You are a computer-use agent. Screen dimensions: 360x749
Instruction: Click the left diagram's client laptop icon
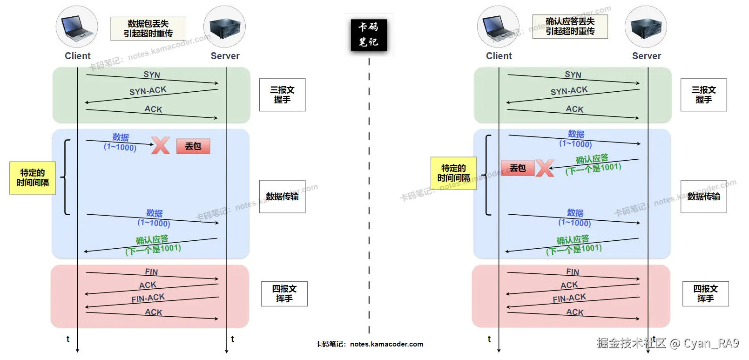click(x=77, y=27)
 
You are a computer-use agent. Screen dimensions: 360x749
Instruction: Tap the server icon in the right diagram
click(x=646, y=27)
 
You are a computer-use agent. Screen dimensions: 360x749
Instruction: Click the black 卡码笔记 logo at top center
click(x=369, y=35)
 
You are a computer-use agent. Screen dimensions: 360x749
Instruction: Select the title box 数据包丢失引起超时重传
click(x=148, y=29)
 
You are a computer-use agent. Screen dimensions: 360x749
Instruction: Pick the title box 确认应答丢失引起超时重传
click(x=570, y=27)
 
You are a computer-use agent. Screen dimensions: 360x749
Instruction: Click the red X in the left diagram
click(x=161, y=145)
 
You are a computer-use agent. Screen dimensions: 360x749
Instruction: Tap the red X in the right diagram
click(x=545, y=168)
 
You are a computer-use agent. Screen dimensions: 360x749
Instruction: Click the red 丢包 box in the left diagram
click(x=193, y=146)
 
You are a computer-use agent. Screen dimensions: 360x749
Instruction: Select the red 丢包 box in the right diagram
click(x=518, y=168)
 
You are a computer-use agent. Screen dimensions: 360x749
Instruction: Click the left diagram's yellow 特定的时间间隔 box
click(x=33, y=178)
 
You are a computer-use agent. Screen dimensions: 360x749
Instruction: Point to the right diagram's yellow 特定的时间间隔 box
click(x=453, y=173)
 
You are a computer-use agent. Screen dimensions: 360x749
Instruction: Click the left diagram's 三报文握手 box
click(x=282, y=95)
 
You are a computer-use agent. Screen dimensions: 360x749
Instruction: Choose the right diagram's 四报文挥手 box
click(x=705, y=294)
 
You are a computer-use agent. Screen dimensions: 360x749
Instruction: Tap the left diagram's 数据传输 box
click(x=282, y=197)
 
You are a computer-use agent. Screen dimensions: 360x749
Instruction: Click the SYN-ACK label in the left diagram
click(x=148, y=91)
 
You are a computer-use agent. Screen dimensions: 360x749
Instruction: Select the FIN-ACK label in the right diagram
click(x=569, y=298)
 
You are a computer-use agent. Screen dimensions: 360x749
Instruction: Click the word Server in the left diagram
click(x=225, y=56)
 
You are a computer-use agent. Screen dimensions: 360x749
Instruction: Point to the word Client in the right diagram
click(x=499, y=56)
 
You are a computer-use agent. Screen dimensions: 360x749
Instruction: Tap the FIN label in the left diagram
click(x=151, y=272)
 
